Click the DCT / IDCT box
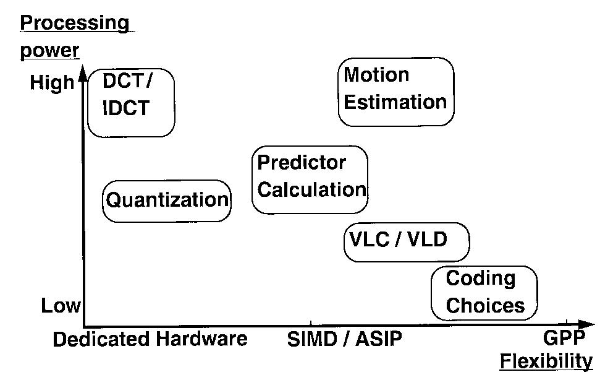[131, 103]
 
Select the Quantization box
[167, 201]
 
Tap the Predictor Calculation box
[310, 179]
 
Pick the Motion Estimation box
[396, 92]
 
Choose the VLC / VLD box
[406, 241]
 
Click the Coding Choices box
[484, 293]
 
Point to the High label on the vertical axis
[52, 83]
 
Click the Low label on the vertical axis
[60, 306]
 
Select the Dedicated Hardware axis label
[150, 339]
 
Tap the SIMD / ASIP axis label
[344, 339]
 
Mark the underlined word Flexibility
[546, 361]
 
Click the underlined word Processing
[75, 24]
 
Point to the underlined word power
[50, 50]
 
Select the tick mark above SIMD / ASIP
[310, 323]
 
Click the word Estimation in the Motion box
[395, 102]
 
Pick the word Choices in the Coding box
[485, 306]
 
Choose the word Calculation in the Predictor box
[311, 189]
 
